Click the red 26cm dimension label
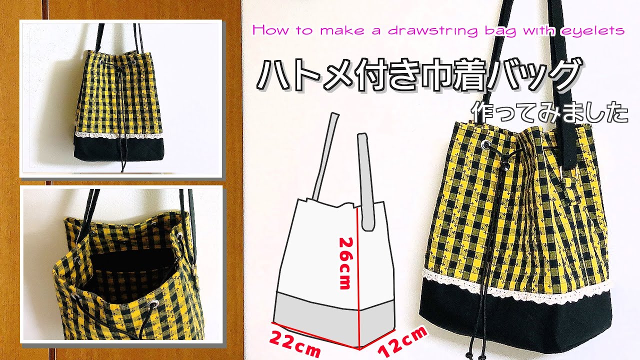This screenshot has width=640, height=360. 345,263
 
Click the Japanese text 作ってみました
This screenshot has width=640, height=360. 548,113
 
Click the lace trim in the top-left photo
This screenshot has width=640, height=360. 120,136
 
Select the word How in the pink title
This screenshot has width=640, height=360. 267,30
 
